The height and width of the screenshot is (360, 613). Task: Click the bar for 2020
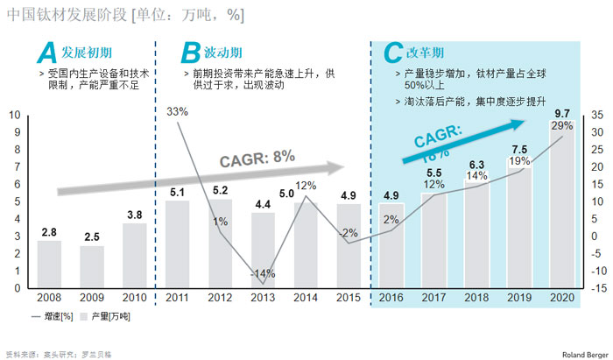coord(562,210)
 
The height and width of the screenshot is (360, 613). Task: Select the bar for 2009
coord(92,266)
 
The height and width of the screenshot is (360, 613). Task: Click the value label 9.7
coord(562,114)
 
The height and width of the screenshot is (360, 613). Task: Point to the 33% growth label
coord(177,111)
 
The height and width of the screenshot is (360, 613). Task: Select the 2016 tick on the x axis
coord(391,298)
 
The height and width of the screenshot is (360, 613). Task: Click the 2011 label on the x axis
coord(177,298)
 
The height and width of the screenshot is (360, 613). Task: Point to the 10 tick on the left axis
coord(14,115)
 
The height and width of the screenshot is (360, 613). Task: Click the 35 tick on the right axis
coord(596,115)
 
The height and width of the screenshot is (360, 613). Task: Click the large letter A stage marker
coord(46,54)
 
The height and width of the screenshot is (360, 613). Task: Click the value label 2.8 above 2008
coord(49,231)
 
